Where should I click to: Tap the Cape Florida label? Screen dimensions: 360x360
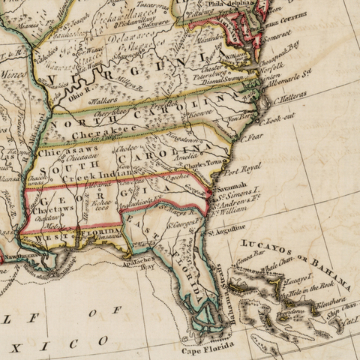click(204, 346)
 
